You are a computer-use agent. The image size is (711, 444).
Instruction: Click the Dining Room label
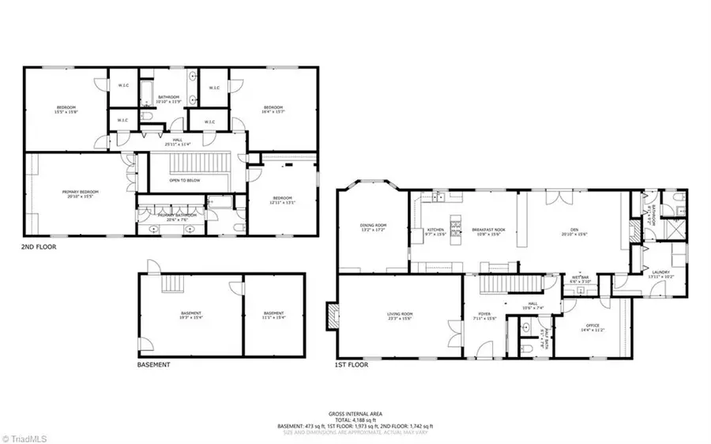click(x=371, y=228)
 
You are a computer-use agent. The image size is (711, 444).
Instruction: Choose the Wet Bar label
click(x=580, y=278)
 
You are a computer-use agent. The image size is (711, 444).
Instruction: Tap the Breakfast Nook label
click(x=489, y=231)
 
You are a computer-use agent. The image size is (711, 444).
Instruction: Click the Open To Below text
click(x=185, y=180)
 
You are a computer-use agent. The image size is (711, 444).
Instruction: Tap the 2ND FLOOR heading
click(x=39, y=246)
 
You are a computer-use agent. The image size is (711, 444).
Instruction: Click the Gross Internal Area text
click(x=355, y=414)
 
